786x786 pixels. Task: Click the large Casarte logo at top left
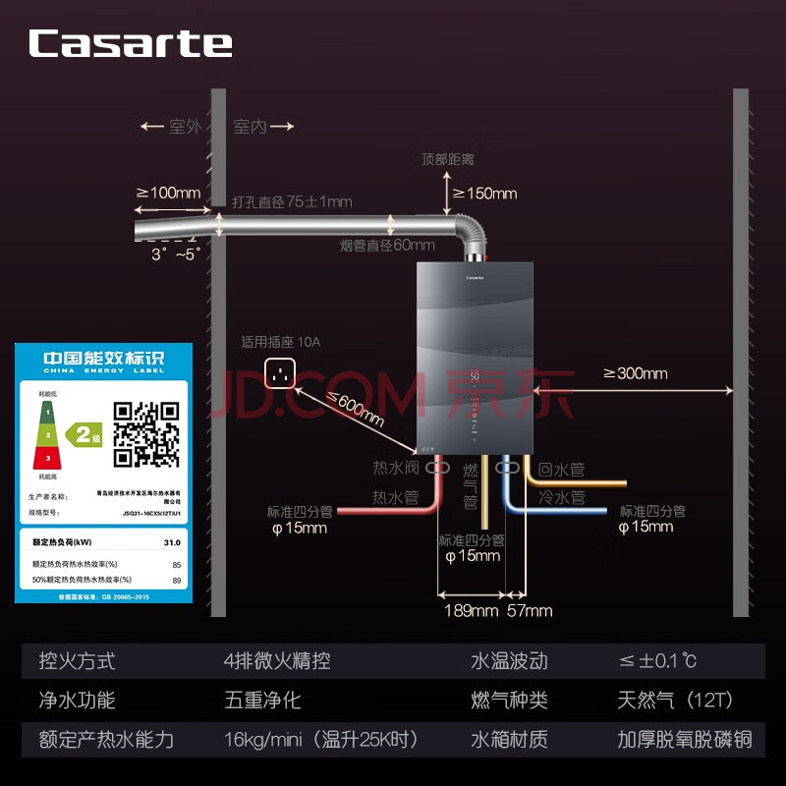130,43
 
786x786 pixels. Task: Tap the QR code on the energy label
146,433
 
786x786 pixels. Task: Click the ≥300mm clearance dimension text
635,373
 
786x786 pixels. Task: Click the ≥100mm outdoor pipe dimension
169,193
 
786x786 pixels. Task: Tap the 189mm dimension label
472,611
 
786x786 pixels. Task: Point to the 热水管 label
396,497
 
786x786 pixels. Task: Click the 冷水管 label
561,497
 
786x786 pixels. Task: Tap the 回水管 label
561,470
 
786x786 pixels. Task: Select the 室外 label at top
184,127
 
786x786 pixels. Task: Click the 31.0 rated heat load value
172,541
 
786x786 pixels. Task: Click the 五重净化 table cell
262,701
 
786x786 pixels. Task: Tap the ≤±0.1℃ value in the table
657,661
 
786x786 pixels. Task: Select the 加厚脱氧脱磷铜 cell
685,739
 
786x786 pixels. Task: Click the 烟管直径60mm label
387,245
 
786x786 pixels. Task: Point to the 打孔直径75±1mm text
292,202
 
